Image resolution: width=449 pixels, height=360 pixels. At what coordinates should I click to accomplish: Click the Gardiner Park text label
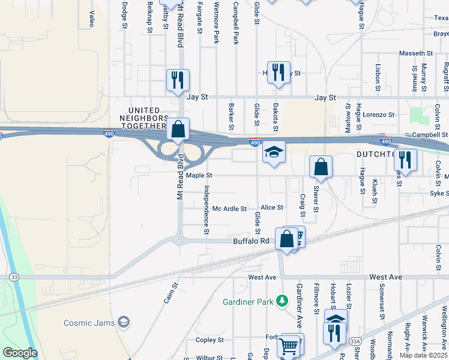pyautogui.click(x=248, y=301)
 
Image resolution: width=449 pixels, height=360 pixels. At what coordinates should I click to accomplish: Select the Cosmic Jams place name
pyautogui.click(x=89, y=323)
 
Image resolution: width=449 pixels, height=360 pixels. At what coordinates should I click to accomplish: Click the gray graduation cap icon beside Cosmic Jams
pyautogui.click(x=124, y=323)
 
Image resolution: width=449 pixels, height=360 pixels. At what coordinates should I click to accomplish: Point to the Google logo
pyautogui.click(x=20, y=353)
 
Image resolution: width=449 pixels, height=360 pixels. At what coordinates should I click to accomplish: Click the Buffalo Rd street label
pyautogui.click(x=252, y=241)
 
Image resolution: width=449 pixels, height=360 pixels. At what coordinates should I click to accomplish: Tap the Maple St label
pyautogui.click(x=199, y=176)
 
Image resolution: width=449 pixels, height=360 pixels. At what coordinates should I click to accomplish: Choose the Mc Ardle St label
pyautogui.click(x=230, y=209)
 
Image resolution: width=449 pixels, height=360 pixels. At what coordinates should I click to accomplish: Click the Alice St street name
pyautogui.click(x=271, y=208)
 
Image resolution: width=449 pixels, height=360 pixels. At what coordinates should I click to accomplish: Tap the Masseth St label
pyautogui.click(x=412, y=53)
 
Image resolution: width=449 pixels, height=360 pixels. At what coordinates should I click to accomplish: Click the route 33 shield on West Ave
pyautogui.click(x=14, y=277)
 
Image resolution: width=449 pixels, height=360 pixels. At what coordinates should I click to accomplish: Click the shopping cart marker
pyautogui.click(x=289, y=346)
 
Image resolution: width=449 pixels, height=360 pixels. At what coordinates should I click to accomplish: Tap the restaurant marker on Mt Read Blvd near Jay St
pyautogui.click(x=178, y=80)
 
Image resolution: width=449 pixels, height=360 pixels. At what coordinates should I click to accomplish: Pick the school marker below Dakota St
pyautogui.click(x=273, y=152)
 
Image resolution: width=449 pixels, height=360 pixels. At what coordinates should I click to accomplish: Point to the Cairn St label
pyautogui.click(x=171, y=293)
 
